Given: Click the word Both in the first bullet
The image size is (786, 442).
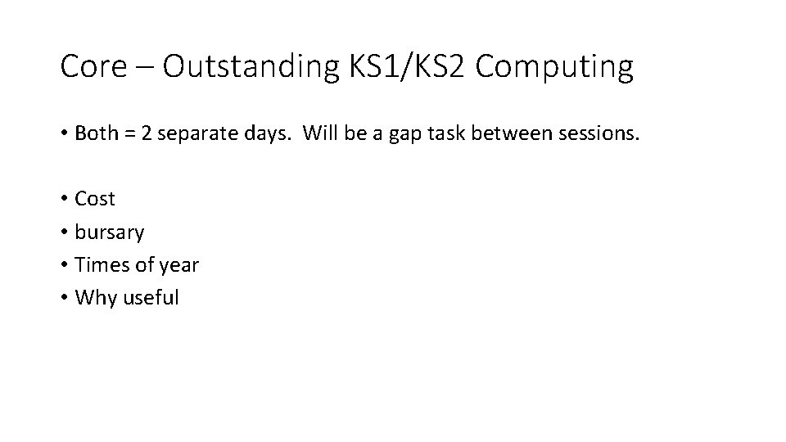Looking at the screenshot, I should coord(95,133).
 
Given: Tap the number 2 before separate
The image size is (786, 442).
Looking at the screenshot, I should coord(146,133).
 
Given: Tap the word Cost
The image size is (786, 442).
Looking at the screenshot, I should coord(95,199).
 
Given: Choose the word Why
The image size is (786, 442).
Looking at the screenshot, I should coord(96,298).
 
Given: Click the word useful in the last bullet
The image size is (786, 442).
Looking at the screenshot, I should coord(151,297).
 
